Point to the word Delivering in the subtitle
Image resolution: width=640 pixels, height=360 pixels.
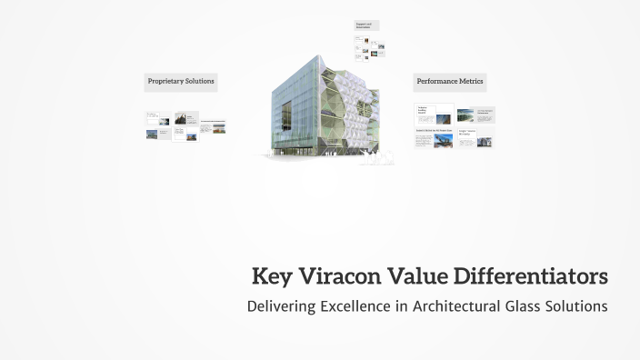coord(280,306)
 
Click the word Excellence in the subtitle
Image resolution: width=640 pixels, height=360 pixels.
coord(355,305)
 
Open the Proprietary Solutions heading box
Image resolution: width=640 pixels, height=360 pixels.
coord(181,82)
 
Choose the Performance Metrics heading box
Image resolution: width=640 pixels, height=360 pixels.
coord(449,82)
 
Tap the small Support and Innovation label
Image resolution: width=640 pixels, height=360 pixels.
coord(366,25)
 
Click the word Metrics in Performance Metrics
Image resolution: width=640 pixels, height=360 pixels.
coord(470,82)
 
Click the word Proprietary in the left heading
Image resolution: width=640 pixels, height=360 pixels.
coord(165,82)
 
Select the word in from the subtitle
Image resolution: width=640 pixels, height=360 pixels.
coord(400,305)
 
